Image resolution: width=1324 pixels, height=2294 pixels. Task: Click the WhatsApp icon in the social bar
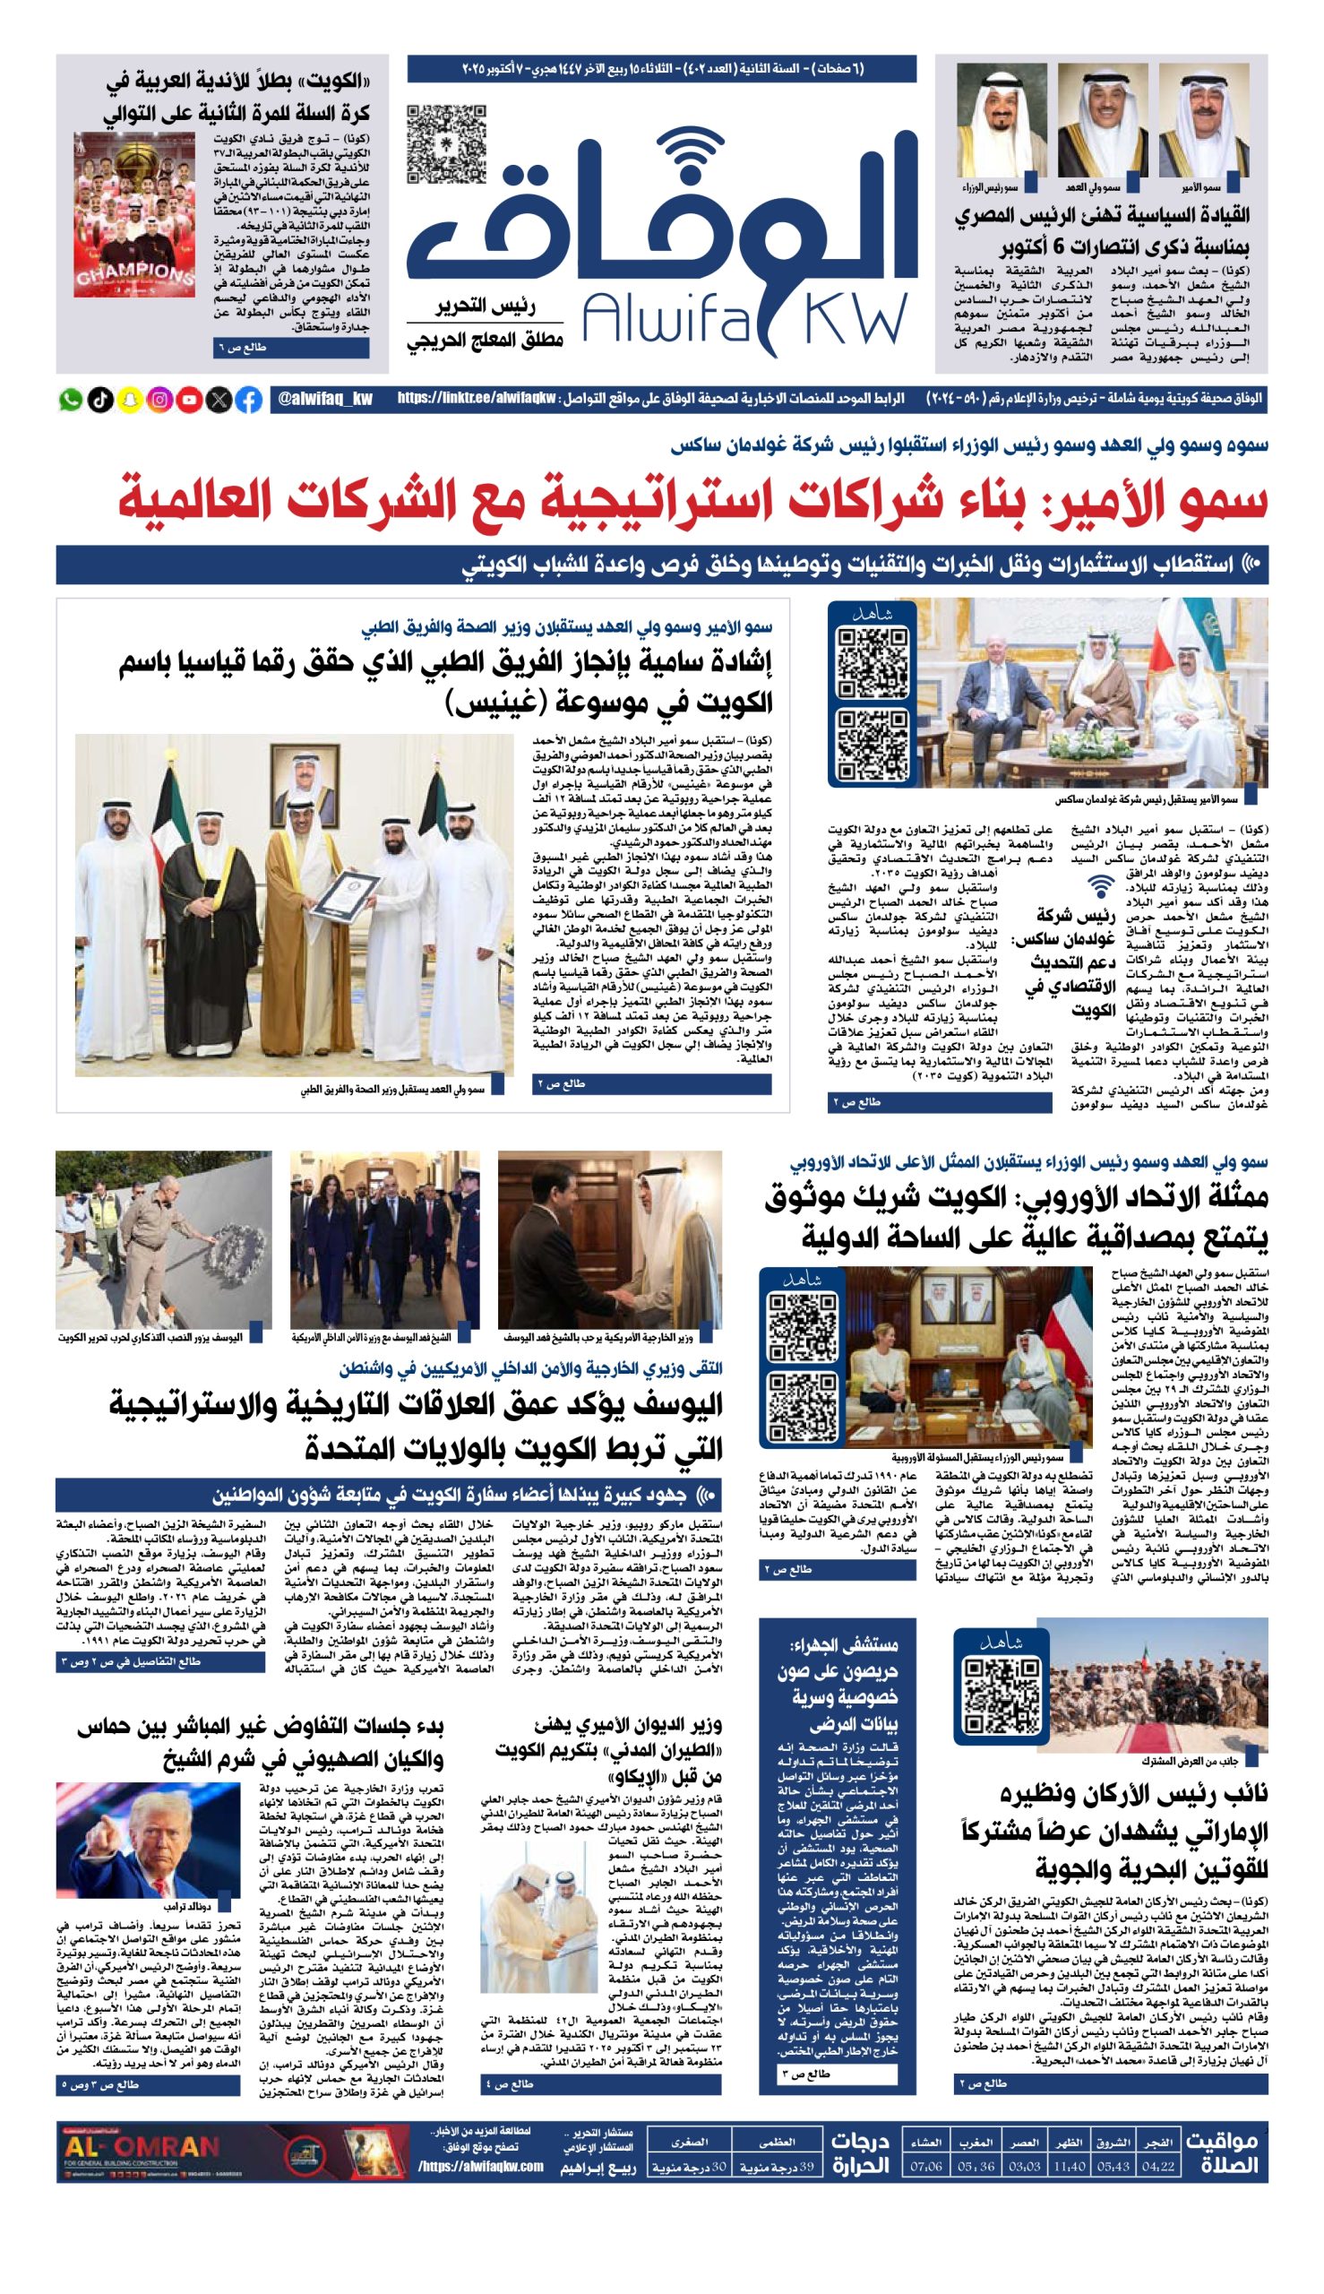(69, 400)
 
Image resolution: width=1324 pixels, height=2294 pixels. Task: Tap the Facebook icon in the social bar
(249, 400)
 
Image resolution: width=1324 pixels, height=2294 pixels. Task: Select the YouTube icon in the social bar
(189, 400)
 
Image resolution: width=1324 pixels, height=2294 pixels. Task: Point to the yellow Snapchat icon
(129, 400)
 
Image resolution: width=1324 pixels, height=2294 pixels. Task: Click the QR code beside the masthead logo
(445, 143)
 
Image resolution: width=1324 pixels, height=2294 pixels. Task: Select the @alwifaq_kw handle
(325, 400)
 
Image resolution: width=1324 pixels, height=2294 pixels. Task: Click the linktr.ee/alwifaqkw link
(476, 400)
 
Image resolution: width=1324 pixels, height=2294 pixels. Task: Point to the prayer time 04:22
(1156, 2166)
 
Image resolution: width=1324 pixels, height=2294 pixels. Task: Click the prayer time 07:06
(926, 2166)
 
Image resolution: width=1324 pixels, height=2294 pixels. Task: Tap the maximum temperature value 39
(805, 2166)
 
